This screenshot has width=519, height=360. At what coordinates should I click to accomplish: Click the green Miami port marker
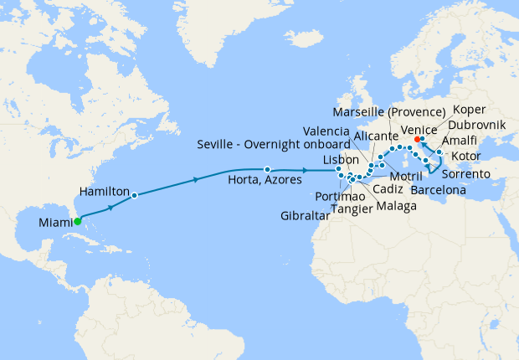pos(77,222)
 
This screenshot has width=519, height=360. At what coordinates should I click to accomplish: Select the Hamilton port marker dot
pos(135,195)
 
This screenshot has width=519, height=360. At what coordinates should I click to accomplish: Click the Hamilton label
pos(104,191)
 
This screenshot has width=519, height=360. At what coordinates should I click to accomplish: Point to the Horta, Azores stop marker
pos(267,168)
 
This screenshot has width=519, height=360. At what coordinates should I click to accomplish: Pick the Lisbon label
pos(341,159)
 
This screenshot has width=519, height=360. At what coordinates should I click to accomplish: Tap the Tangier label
pos(353,208)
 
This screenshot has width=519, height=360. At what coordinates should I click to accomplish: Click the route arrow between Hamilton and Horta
pos(197,179)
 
